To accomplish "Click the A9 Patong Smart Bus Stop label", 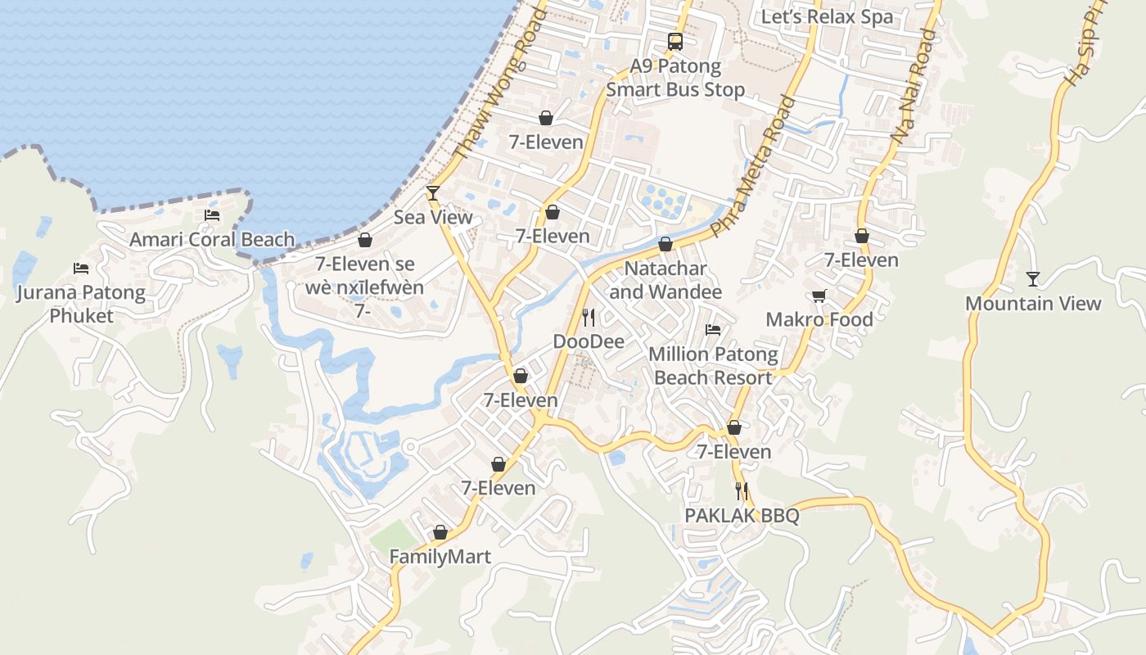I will point(675,78).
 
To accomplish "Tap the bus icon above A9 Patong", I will point(675,41).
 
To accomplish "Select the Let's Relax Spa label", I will point(827,16).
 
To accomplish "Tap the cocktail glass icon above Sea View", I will point(433,193).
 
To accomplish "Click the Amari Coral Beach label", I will point(212,240).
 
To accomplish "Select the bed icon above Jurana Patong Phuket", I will point(80,268).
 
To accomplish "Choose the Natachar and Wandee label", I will point(665,280).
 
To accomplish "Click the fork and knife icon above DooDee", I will point(589,317).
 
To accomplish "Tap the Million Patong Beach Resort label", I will point(713,366).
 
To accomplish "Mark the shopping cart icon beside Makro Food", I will point(819,296).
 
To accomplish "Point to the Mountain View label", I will point(1033,304).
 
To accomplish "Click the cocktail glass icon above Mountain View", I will point(1033,279).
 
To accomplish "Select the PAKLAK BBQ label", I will point(742,516).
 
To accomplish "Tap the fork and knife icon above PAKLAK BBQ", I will point(742,491).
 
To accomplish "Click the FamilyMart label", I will point(440,558).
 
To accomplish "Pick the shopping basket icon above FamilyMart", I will point(440,533).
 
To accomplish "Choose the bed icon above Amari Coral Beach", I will point(212,215).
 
